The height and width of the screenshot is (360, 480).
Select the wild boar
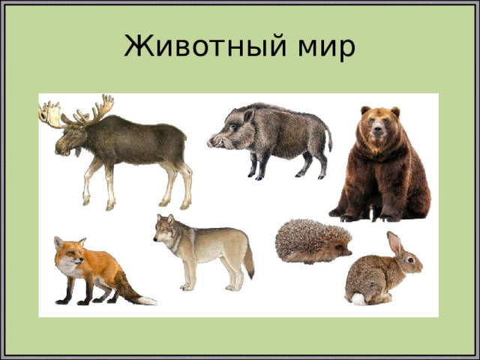[274, 136]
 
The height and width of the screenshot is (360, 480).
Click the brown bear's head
[379, 126]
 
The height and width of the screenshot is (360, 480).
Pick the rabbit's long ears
[394, 244]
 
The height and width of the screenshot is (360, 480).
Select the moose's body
[139, 142]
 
